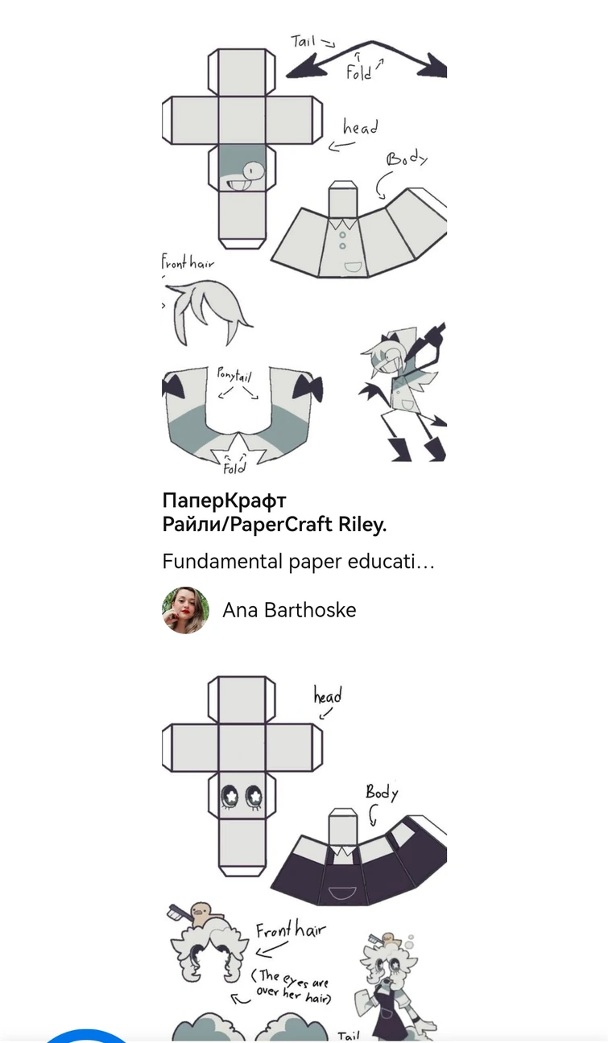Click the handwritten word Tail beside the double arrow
[304, 41]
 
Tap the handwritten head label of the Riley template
[360, 127]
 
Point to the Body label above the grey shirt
[407, 159]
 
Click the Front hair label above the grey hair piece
[188, 262]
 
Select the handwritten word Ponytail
[234, 374]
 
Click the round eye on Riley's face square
[254, 171]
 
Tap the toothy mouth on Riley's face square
[239, 184]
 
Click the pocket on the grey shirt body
[353, 267]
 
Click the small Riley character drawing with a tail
[403, 392]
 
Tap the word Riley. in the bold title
[362, 524]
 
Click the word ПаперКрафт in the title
[224, 501]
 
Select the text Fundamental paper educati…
[298, 562]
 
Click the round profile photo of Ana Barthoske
[185, 610]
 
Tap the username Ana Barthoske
[289, 610]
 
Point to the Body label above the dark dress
[382, 792]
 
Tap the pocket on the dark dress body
[341, 893]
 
